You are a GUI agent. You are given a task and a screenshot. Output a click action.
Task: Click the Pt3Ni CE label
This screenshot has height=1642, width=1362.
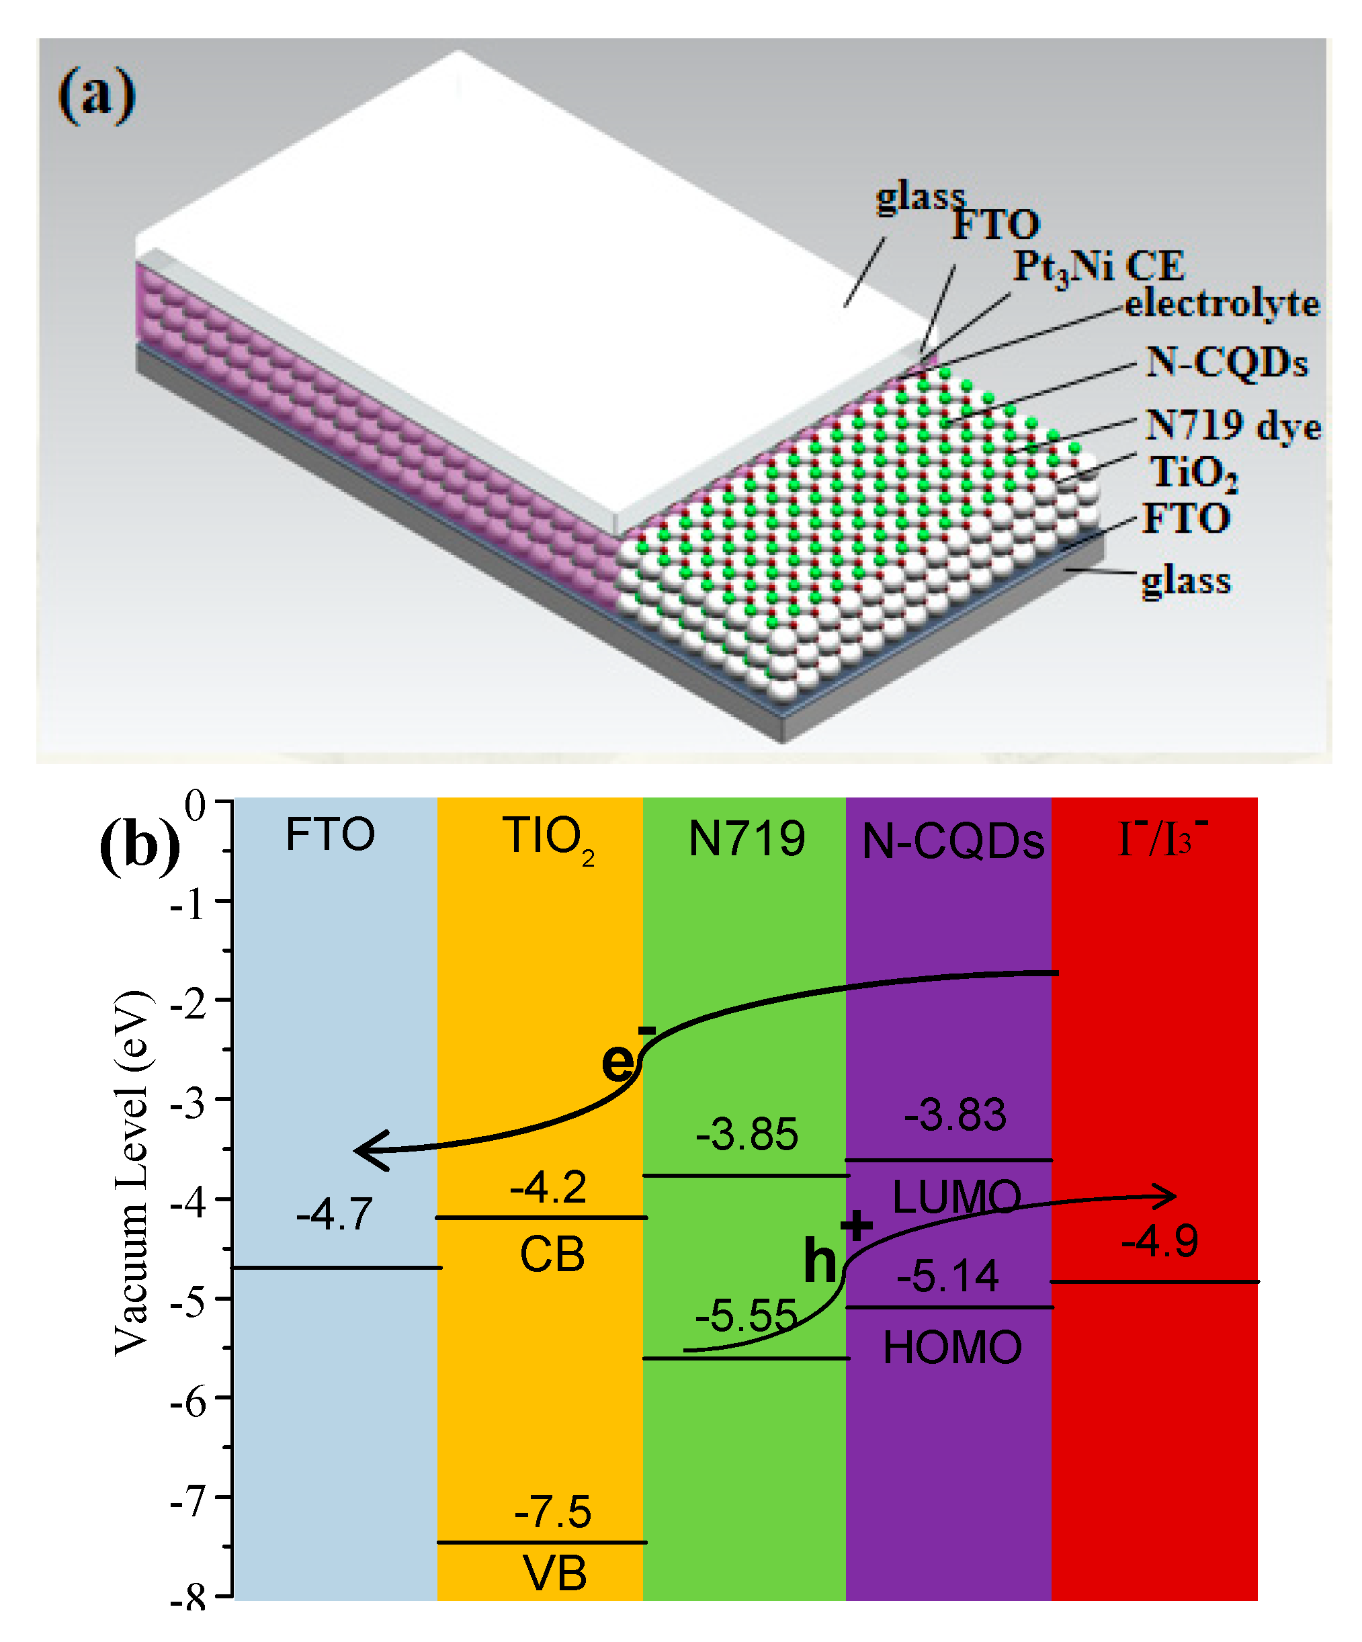point(1099,267)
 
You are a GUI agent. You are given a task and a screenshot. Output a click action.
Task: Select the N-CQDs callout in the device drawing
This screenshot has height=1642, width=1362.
point(1226,363)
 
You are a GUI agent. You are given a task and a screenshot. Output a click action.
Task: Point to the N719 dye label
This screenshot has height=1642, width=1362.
point(1232,426)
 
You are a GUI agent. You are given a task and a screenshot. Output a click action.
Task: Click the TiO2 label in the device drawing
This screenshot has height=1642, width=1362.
point(1193,473)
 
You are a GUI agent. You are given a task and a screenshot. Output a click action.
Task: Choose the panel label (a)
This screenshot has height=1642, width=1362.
point(96,95)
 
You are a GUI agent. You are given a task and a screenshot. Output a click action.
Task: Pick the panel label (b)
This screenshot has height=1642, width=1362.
point(139,847)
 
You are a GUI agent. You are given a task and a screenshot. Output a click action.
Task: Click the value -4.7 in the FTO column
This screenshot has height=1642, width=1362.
point(334,1214)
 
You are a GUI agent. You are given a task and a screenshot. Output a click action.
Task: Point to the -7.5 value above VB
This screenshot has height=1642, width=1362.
point(552,1512)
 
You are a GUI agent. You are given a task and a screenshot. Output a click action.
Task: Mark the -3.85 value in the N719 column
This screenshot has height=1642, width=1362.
point(747,1135)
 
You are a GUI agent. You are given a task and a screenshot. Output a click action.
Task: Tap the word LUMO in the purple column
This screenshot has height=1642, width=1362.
point(955,1197)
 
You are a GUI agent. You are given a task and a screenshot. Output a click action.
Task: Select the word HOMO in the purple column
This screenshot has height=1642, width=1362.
point(951,1348)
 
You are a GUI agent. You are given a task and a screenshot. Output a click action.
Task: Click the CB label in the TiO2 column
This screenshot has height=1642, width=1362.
point(552,1255)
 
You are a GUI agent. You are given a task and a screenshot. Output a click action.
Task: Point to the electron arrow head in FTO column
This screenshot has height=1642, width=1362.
point(368,1150)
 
